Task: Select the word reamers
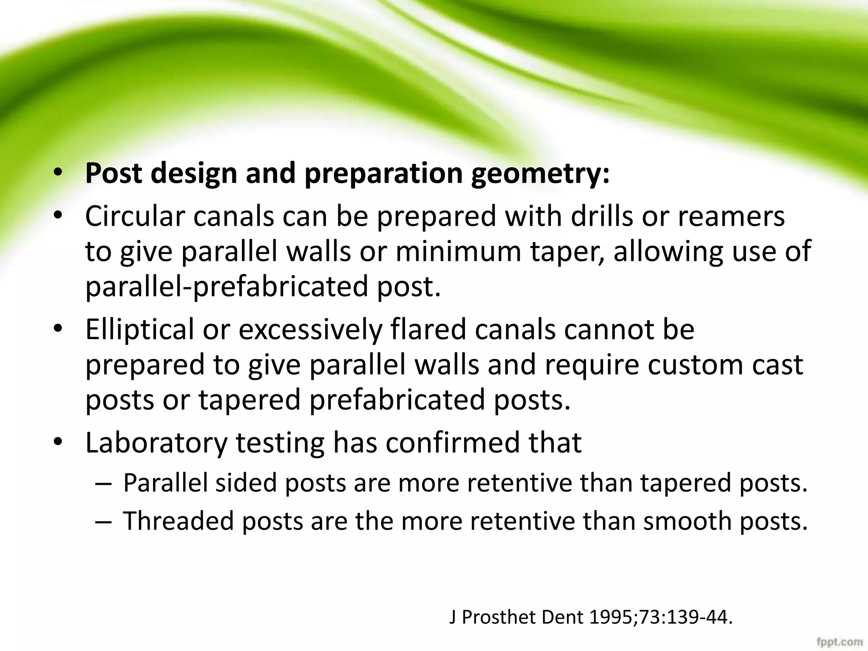(x=731, y=217)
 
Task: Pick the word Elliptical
(x=140, y=329)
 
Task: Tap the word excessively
(x=310, y=330)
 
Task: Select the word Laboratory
(x=156, y=443)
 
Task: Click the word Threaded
(x=178, y=521)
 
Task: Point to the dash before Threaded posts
(x=103, y=522)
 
